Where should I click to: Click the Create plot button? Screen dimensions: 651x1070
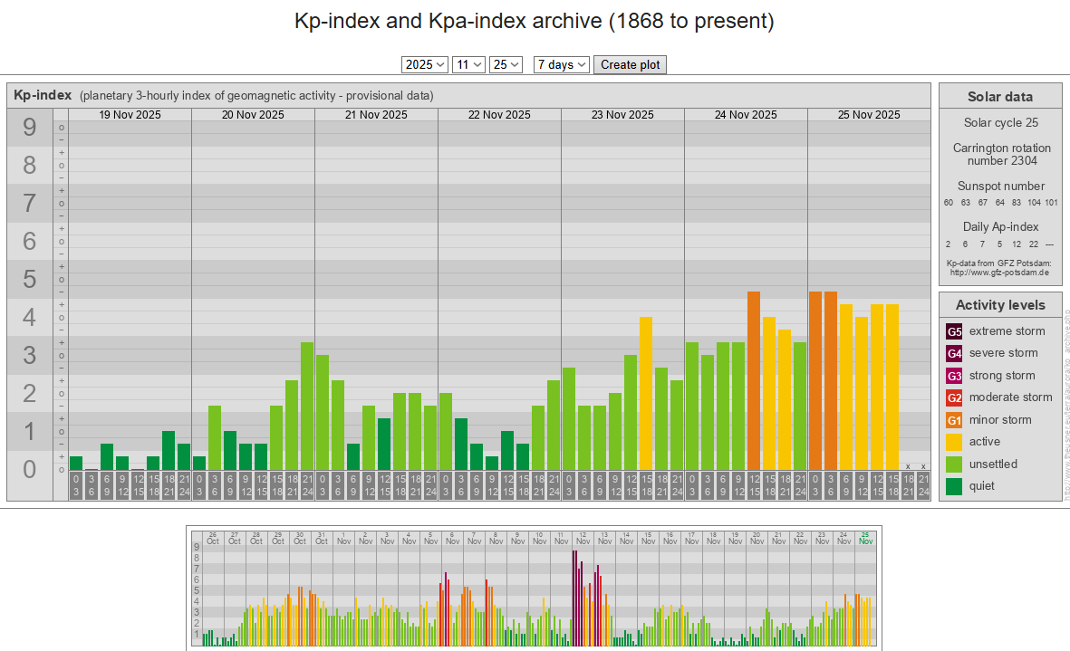(631, 64)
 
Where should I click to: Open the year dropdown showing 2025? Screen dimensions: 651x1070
(425, 64)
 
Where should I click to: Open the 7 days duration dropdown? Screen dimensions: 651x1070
(562, 64)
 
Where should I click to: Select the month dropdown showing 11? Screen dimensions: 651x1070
(468, 64)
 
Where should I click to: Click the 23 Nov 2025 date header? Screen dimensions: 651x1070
(622, 115)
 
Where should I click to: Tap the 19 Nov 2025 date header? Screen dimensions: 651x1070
(130, 115)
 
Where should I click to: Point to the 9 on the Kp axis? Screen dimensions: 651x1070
(29, 128)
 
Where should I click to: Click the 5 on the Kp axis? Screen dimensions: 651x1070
(29, 279)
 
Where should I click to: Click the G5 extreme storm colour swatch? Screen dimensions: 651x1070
(954, 331)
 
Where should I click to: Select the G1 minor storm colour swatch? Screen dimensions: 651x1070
(954, 420)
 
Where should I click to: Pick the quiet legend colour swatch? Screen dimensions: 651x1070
(954, 486)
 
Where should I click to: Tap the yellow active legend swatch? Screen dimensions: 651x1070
(954, 442)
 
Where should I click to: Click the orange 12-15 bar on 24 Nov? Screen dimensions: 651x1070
(754, 380)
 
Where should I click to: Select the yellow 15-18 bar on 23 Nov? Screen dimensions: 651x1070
(646, 393)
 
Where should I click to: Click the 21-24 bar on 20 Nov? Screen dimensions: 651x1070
(307, 406)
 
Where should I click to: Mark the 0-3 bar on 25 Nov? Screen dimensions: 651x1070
(815, 380)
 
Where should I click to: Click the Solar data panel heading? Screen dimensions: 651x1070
(999, 97)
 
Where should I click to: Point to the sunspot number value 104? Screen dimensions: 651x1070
(1034, 203)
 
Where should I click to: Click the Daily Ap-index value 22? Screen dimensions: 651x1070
(1034, 244)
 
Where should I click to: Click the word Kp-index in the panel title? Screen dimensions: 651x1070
(43, 95)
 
